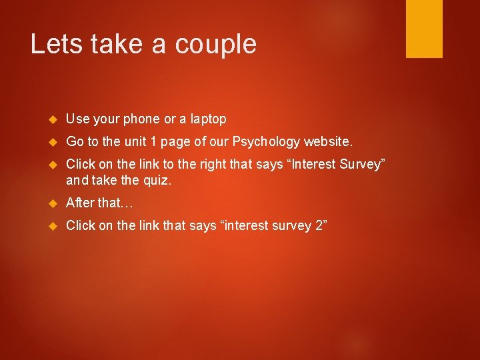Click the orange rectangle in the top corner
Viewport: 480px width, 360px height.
tap(424, 28)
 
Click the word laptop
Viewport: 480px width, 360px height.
tap(208, 119)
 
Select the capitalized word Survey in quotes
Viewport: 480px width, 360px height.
tap(360, 164)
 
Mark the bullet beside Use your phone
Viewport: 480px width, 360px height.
tap(54, 119)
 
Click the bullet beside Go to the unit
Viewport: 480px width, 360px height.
tap(54, 142)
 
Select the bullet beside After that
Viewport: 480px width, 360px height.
tap(54, 203)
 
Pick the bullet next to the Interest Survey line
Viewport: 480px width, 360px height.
tap(54, 165)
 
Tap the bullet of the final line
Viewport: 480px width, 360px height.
tap(54, 225)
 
